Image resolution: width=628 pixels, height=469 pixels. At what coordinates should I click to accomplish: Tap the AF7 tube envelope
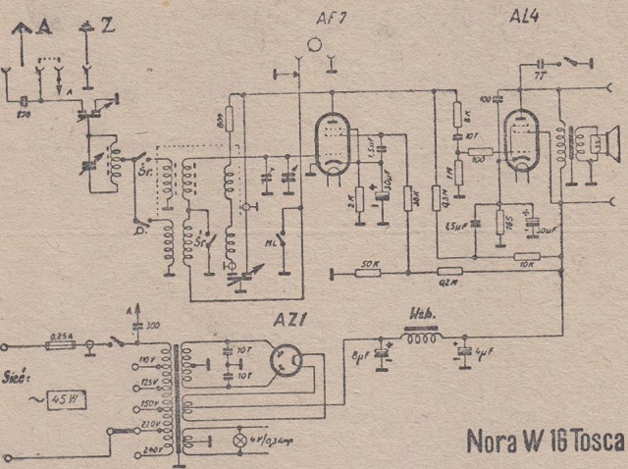pyautogui.click(x=331, y=144)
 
